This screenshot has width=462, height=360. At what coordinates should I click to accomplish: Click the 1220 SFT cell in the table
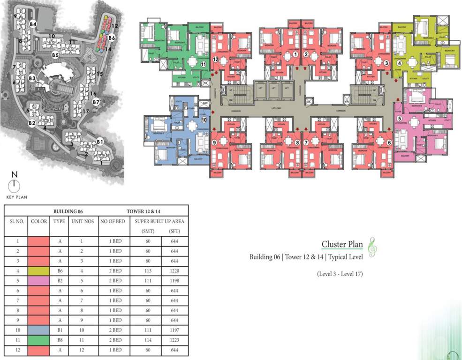coord(175,270)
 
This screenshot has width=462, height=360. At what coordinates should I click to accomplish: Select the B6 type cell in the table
coord(59,270)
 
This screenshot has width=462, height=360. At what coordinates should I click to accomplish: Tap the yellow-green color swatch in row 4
coord(38,270)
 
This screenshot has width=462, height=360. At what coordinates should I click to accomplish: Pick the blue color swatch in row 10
coord(38,330)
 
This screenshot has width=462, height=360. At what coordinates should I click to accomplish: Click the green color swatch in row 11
coord(38,339)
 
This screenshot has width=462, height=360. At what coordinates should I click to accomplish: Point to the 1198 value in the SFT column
coord(175,280)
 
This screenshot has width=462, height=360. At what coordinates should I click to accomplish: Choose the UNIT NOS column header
coord(82,221)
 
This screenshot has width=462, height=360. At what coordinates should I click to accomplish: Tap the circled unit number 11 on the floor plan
coord(203,64)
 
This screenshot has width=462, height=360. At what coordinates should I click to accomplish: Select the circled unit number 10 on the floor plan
coord(204,120)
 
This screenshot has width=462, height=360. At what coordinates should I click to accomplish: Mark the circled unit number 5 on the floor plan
coord(399,119)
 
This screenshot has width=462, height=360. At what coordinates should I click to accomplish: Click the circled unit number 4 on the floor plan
coord(399,62)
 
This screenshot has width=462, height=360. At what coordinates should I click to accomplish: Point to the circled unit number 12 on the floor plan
coord(215,60)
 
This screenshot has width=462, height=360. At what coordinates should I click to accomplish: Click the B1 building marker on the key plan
coord(99,141)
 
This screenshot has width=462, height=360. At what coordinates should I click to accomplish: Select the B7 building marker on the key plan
coord(96,102)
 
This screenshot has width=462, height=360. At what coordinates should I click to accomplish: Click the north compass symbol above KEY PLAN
coord(15,185)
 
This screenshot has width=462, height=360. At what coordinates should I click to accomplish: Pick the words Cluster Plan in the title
coord(342,244)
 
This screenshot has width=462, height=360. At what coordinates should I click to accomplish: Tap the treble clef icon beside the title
coord(372,247)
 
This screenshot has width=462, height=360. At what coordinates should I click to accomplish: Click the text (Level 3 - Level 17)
coord(340,274)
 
